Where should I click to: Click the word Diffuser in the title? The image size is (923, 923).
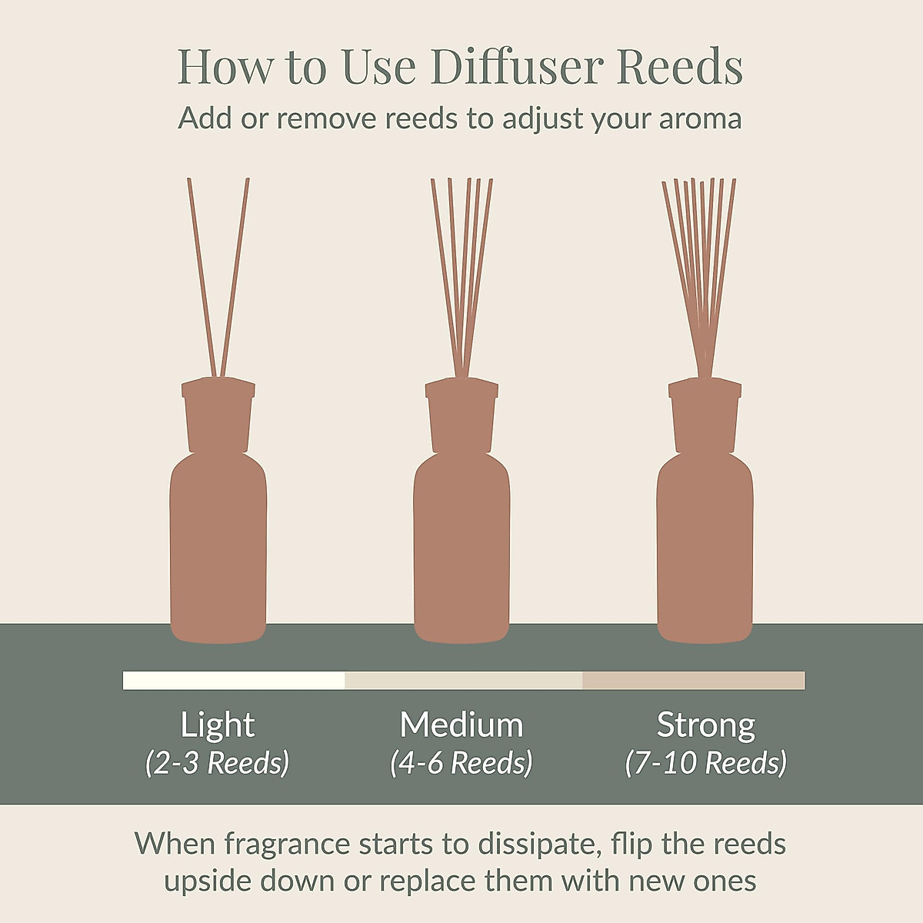click(x=517, y=67)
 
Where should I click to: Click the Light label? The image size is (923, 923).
click(x=218, y=725)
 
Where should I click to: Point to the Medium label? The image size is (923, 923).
click(x=461, y=725)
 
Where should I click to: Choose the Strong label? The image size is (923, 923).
click(x=706, y=725)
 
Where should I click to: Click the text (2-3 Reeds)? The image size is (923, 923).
click(x=218, y=763)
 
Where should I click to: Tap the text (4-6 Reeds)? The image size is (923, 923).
click(x=461, y=763)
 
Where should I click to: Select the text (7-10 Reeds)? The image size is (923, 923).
click(x=706, y=763)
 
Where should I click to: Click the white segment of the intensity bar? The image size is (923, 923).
click(x=234, y=681)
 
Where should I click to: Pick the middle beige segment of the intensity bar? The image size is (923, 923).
click(x=463, y=681)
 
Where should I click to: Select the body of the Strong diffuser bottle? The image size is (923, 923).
click(x=705, y=554)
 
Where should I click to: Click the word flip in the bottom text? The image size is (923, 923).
click(x=631, y=844)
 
